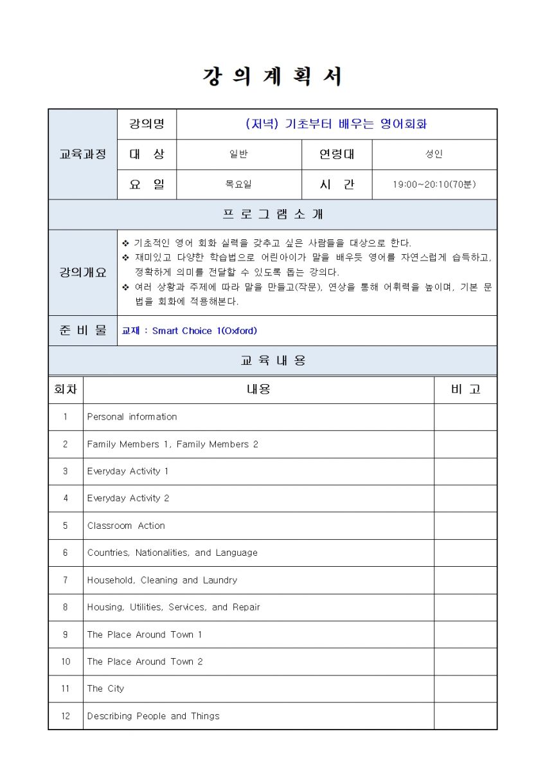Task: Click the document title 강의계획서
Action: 272,77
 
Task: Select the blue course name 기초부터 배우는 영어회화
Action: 336,124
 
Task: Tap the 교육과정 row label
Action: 83,154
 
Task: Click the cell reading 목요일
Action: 238,185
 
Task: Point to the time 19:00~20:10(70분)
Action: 434,185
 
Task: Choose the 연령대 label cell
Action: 337,154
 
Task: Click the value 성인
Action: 434,154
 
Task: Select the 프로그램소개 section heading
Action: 272,214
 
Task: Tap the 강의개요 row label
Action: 83,272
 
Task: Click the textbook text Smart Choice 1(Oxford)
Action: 204,331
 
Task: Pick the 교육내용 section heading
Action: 272,361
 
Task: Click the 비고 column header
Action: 465,389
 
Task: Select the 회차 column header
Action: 66,389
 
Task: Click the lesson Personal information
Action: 132,417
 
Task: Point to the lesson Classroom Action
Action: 126,526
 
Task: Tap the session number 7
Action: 66,580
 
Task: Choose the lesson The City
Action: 105,688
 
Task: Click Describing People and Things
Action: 153,716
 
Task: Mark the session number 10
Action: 66,661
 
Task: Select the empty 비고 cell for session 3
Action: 465,472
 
